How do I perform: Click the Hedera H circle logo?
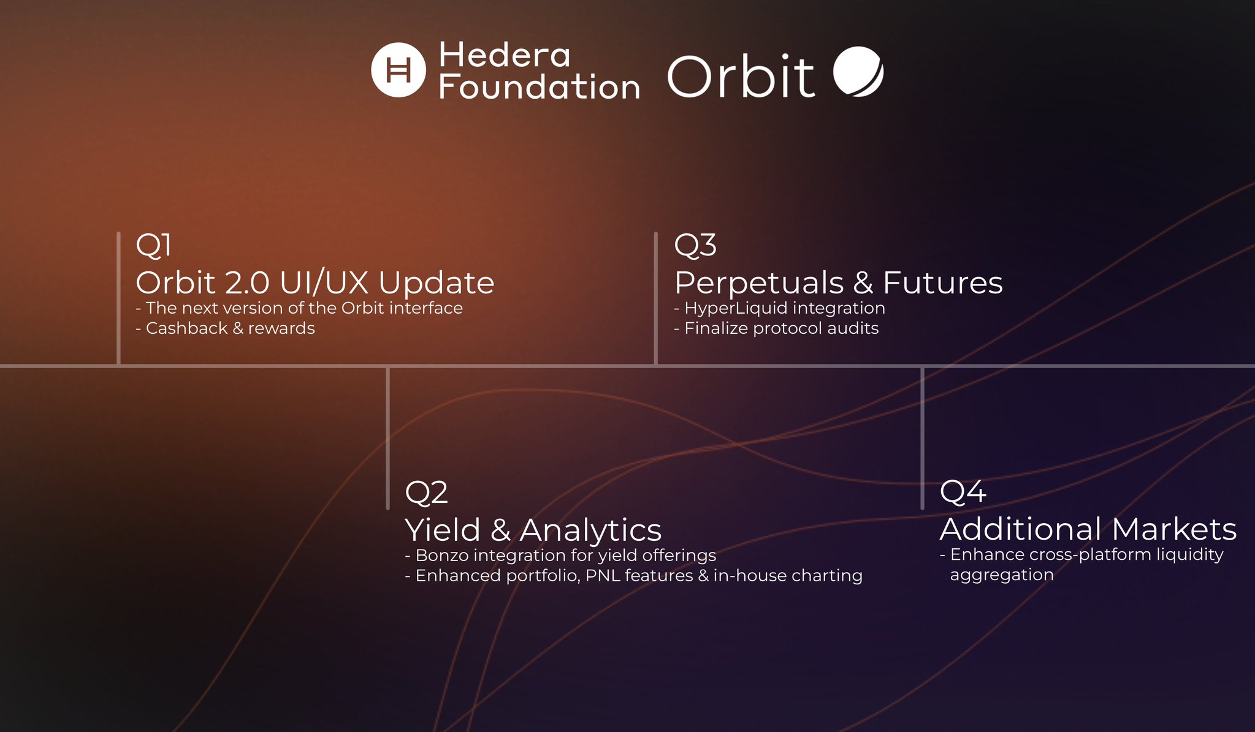398,70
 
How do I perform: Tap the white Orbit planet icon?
858,71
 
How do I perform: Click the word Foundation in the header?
540,87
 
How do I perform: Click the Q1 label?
153,245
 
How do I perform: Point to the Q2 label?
426,492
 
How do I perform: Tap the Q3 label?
695,245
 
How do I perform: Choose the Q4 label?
963,491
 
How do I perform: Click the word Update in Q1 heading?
437,283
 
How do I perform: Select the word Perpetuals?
759,283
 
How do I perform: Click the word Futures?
943,282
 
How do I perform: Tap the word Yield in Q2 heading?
443,529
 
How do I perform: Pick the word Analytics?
590,530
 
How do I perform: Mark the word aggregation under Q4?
1002,575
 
